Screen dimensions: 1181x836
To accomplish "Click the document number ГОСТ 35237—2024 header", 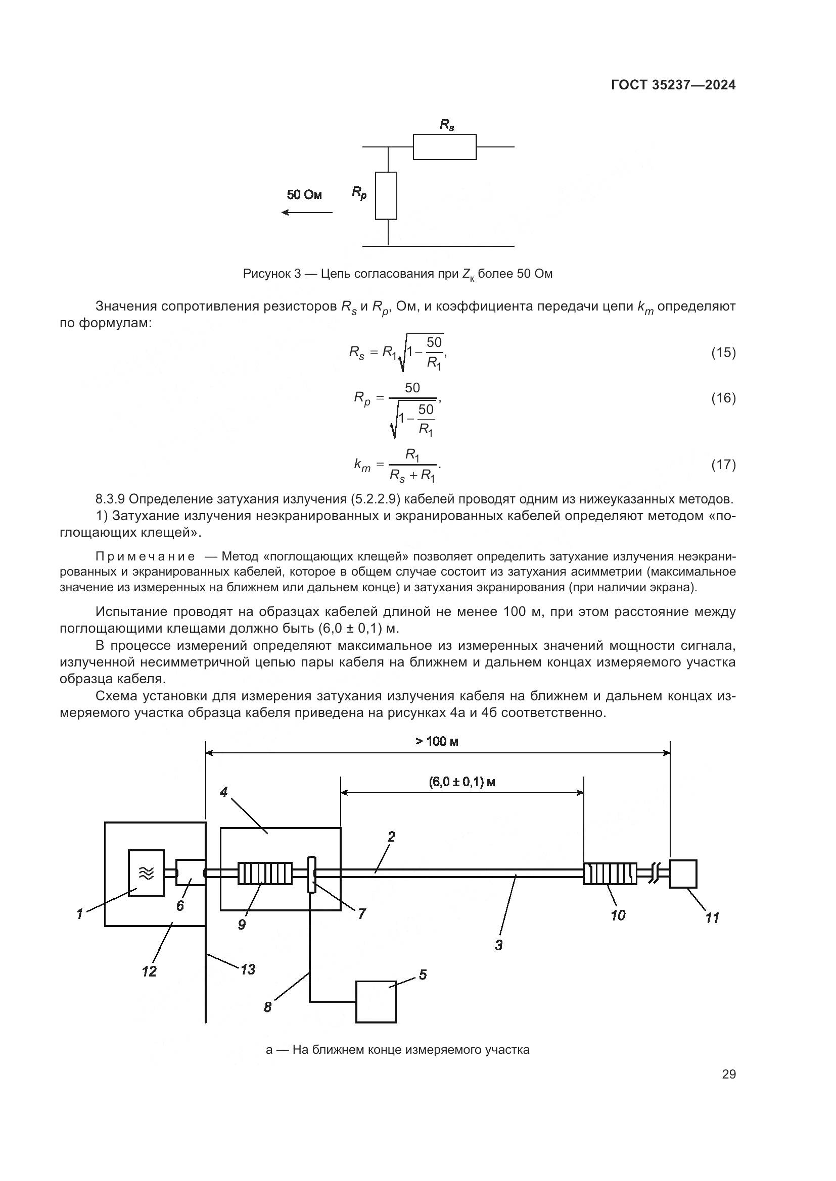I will pos(673,85).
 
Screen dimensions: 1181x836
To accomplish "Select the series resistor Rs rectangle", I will pos(444,147).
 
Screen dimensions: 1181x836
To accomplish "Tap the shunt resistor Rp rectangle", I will pos(386,195).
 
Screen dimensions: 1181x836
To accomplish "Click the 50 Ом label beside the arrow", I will pos(304,195).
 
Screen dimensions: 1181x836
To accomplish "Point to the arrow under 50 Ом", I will pos(307,213).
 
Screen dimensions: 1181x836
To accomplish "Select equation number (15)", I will pos(723,353).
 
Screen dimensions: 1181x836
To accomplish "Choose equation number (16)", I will pos(723,398).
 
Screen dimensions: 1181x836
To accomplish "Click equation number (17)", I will pos(723,465).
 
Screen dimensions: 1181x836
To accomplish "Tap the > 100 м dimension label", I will pos(437,741).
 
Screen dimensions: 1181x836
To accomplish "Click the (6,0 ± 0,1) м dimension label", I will pos(462,782).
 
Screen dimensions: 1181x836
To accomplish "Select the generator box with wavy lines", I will pos(146,873).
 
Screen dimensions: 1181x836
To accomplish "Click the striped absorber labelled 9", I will pos(264,873).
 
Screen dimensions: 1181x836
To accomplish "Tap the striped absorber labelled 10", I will pos(610,873).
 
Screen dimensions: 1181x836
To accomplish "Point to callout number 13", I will pos(248,969).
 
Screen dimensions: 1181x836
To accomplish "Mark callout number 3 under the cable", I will pos(498,945).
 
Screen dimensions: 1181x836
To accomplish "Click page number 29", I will pos(728,1074).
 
